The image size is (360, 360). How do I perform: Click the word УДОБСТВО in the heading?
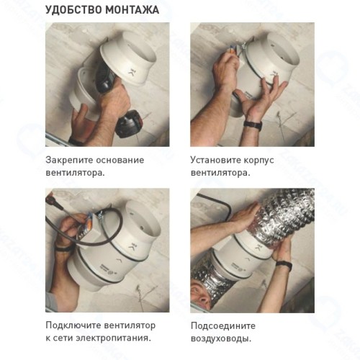click(73, 10)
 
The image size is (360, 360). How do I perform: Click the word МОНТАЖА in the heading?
click(132, 10)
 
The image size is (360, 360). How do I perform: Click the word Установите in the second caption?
click(215, 160)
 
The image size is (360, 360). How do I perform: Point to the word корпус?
click(258, 161)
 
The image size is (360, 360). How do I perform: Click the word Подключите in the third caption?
click(73, 325)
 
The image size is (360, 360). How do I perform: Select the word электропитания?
click(113, 338)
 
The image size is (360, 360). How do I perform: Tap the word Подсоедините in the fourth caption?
click(223, 326)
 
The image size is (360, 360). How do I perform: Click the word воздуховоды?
click(221, 339)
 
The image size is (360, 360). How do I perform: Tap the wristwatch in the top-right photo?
click(253, 125)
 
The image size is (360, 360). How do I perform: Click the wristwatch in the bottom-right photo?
click(284, 265)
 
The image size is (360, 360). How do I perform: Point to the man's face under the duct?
click(202, 296)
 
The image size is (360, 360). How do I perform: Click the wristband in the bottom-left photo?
click(63, 248)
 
